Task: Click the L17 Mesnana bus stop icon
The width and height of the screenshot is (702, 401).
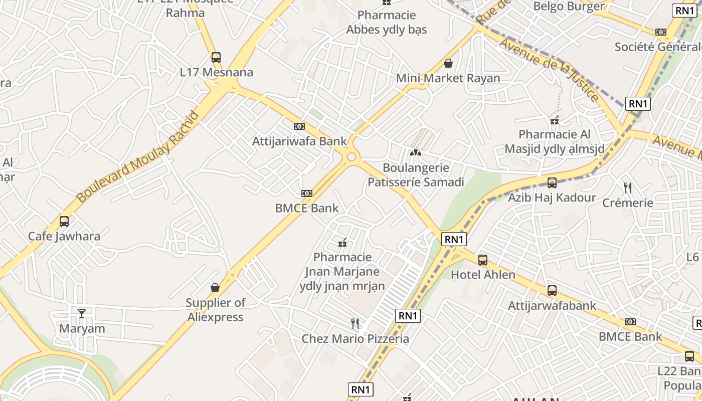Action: (216, 57)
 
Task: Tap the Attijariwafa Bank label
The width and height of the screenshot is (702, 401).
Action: (299, 141)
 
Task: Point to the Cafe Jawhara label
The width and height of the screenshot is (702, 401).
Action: (64, 236)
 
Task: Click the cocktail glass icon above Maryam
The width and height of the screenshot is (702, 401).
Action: (82, 314)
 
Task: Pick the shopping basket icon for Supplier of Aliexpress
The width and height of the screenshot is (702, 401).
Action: (215, 288)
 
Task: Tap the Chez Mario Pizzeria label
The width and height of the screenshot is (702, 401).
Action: (355, 339)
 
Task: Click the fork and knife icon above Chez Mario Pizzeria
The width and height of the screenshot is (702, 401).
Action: (355, 324)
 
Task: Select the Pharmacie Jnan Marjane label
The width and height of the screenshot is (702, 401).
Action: (342, 271)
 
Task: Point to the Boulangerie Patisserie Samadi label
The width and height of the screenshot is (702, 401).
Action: (416, 174)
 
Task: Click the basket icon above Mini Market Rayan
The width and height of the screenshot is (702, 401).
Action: (448, 63)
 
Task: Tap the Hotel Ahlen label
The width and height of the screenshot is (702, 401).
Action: (483, 275)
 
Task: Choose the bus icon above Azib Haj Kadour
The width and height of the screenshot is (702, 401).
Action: (552, 183)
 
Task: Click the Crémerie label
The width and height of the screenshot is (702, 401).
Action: (627, 203)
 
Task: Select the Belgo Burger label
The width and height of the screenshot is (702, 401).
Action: (569, 7)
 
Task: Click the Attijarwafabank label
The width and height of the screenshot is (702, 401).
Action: (552, 305)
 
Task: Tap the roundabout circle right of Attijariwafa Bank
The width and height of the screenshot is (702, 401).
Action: (351, 157)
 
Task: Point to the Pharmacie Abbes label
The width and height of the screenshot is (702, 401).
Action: (386, 22)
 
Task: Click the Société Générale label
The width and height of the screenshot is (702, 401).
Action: (658, 47)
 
